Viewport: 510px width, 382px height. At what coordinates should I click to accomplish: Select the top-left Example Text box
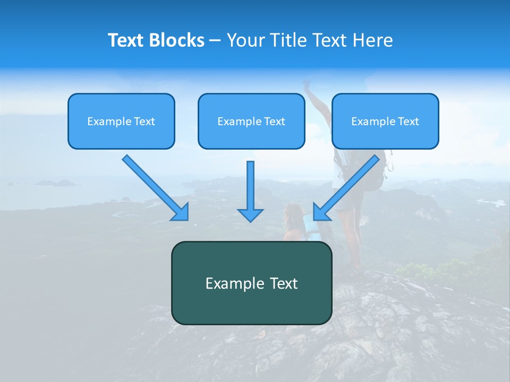[121, 121]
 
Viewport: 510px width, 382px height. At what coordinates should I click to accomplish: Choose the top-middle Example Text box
[251, 121]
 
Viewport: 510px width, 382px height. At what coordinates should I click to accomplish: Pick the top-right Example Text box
[385, 121]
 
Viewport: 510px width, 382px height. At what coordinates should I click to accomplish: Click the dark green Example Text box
[251, 283]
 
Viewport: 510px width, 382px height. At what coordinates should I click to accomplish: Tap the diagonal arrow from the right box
[351, 184]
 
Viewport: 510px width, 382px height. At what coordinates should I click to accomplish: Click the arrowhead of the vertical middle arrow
[250, 214]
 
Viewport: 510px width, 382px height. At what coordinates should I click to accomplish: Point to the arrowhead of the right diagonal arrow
[321, 212]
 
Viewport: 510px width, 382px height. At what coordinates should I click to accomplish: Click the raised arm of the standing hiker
[313, 95]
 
